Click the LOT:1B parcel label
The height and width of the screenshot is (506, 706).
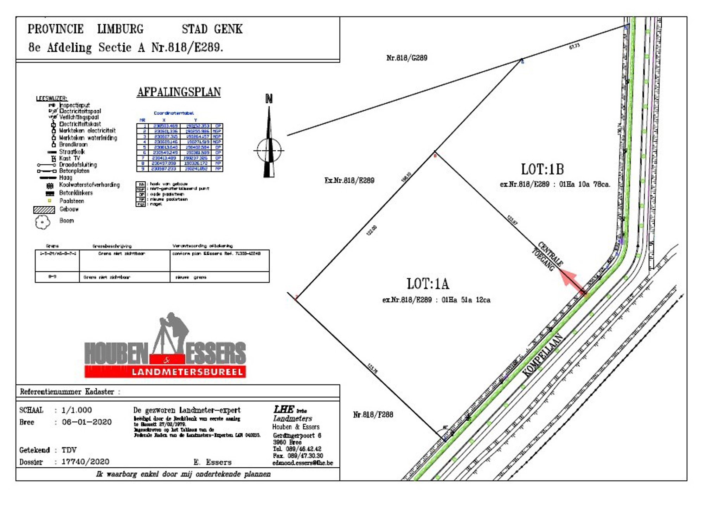(542, 169)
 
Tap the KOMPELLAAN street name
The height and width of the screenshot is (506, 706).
(542, 355)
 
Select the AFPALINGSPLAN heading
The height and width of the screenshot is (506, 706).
(179, 92)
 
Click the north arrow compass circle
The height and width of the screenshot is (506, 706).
(269, 150)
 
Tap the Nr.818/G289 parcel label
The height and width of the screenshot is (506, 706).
(406, 58)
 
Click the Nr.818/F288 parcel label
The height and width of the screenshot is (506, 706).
(373, 415)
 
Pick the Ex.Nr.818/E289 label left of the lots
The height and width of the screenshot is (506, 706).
(349, 181)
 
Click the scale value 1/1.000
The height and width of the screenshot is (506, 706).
(77, 410)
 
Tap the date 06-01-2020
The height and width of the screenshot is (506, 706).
(86, 422)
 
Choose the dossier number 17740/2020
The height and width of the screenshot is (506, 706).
(85, 462)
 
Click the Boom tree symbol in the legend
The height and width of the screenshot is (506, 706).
(43, 222)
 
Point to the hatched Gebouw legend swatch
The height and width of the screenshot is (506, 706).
(44, 210)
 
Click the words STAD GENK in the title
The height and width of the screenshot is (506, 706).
(212, 29)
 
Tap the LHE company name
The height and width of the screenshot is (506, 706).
(284, 409)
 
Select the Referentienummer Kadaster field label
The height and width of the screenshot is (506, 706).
(67, 392)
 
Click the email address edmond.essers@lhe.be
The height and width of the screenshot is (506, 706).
(302, 463)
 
